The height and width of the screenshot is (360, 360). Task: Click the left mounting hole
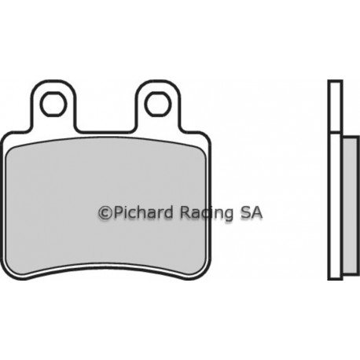53,104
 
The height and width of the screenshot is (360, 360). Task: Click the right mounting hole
159,104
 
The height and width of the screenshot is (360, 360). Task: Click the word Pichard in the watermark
143,212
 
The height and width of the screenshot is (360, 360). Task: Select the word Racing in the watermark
206,213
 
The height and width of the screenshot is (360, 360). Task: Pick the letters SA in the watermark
251,212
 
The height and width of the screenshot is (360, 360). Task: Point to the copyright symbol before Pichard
105,213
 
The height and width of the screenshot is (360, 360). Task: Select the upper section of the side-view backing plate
335,105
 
